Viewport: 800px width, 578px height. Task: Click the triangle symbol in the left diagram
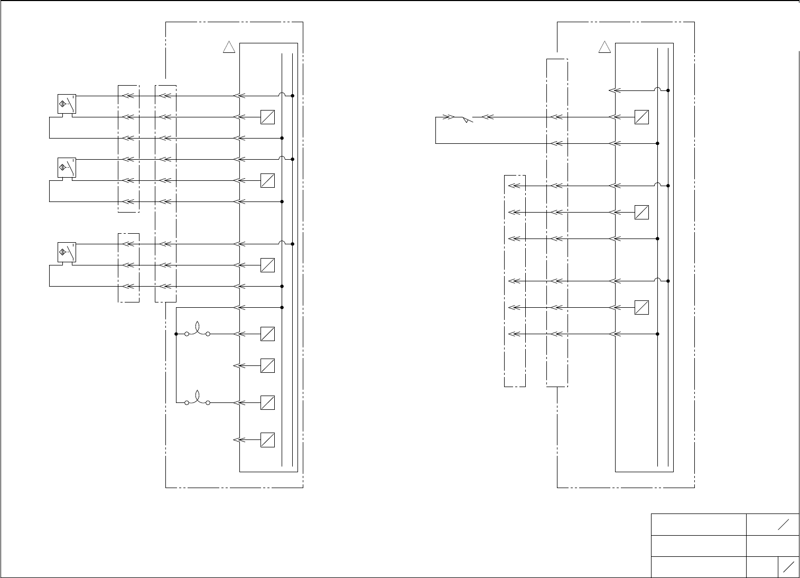[229, 48]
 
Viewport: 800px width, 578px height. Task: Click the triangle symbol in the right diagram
[604, 48]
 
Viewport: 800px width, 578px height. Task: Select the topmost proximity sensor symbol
[67, 104]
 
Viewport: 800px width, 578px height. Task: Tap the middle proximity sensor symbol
[67, 168]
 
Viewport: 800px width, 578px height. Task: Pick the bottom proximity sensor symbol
[67, 252]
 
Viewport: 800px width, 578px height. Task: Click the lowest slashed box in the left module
[267, 439]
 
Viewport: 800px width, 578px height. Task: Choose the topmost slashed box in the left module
[267, 117]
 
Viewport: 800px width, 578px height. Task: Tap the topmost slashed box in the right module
[641, 117]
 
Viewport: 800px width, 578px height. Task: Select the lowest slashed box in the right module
[641, 307]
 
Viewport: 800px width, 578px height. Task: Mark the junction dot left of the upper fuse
[176, 334]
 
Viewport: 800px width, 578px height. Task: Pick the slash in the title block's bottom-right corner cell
[788, 567]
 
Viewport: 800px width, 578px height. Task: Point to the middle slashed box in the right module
[641, 212]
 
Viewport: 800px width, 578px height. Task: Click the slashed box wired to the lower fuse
[267, 402]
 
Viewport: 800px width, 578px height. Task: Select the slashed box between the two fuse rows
[267, 365]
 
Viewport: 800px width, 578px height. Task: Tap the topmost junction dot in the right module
[668, 90]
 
